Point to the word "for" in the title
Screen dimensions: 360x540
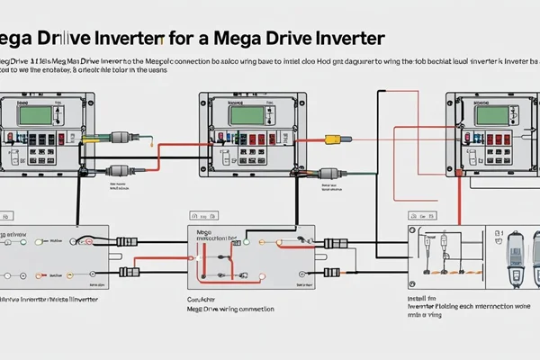tap(180, 40)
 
